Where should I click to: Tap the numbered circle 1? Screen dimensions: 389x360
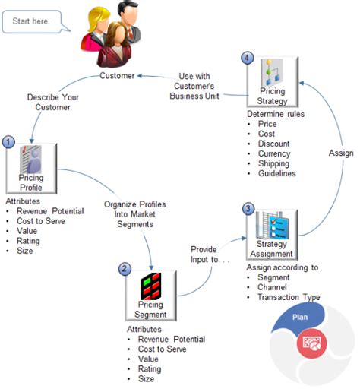click(8, 141)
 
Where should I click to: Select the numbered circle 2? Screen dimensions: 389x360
click(125, 269)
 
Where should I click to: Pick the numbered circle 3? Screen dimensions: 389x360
click(248, 207)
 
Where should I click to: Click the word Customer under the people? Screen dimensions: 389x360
click(118, 76)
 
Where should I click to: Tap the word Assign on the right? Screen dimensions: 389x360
click(341, 153)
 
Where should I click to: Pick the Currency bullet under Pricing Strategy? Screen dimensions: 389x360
click(275, 153)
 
